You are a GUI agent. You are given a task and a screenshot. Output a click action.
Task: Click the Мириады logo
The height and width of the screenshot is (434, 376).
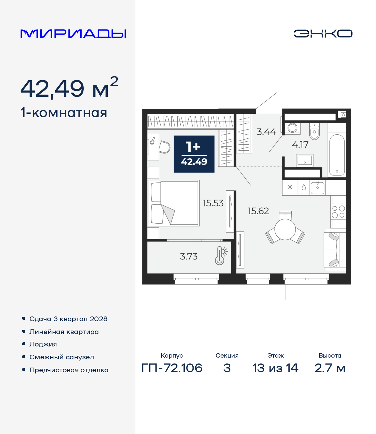point(73,33)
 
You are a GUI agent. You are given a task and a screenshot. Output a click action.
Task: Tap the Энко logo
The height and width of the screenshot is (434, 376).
point(323,33)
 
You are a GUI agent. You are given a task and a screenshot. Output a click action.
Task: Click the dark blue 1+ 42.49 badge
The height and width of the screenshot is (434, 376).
point(194,154)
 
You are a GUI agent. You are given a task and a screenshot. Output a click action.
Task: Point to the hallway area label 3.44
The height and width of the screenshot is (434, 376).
point(266,132)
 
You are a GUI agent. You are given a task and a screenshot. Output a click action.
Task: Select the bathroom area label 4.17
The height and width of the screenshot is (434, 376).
point(300,145)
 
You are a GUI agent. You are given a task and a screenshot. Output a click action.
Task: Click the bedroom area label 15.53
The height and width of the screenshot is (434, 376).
point(213,203)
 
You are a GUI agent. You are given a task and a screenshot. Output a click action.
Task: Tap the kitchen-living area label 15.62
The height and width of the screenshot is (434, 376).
point(258,211)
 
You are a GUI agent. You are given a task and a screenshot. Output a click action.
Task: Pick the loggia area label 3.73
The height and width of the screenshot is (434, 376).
point(189,256)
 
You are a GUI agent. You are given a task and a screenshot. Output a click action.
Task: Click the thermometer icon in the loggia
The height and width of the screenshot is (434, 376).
point(221,256)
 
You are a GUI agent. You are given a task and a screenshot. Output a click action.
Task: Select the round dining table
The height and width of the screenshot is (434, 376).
point(285,229)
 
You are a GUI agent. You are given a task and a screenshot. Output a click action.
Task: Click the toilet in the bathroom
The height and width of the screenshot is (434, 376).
point(314,131)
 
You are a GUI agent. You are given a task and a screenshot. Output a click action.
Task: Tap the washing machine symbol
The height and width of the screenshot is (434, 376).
point(293,128)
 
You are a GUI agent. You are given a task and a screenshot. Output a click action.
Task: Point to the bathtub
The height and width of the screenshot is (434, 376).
point(337,155)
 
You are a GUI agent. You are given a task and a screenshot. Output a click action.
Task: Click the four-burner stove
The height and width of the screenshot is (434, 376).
point(338,212)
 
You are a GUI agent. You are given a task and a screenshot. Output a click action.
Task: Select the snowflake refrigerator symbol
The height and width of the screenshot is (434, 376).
point(290,187)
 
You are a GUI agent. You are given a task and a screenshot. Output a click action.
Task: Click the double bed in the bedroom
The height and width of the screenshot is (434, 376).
point(174,203)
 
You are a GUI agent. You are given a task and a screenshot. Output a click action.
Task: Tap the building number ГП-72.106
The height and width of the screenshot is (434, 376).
point(172,368)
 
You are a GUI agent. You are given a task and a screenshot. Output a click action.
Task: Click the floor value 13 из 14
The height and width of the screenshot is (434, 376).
point(275,368)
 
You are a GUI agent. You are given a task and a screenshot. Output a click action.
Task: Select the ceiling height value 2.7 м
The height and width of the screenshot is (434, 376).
point(330,368)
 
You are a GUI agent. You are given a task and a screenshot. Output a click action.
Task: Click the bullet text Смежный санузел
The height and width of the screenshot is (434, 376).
point(62,357)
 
